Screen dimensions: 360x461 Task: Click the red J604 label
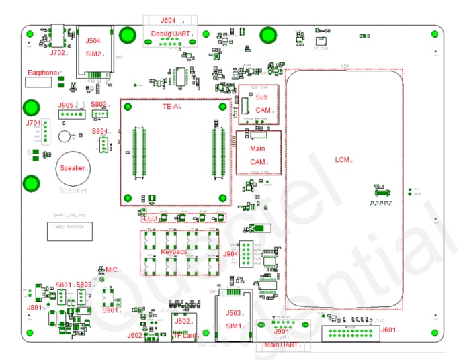pyautogui.click(x=168, y=21)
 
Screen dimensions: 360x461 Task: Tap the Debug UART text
pyautogui.click(x=171, y=33)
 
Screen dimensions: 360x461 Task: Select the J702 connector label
pyautogui.click(x=57, y=52)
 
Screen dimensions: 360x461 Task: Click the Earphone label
pyautogui.click(x=42, y=73)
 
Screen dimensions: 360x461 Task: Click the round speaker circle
pyautogui.click(x=73, y=168)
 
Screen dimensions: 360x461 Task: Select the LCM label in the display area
pyautogui.click(x=342, y=159)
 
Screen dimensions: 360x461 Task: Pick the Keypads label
pyautogui.click(x=173, y=251)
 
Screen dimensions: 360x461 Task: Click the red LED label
pyautogui.click(x=150, y=218)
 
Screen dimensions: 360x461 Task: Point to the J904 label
pyautogui.click(x=230, y=254)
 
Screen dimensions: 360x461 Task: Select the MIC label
pyautogui.click(x=111, y=269)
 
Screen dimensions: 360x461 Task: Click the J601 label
pyautogui.click(x=388, y=330)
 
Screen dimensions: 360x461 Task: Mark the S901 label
pyautogui.click(x=110, y=310)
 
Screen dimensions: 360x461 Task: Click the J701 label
pyautogui.click(x=33, y=123)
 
